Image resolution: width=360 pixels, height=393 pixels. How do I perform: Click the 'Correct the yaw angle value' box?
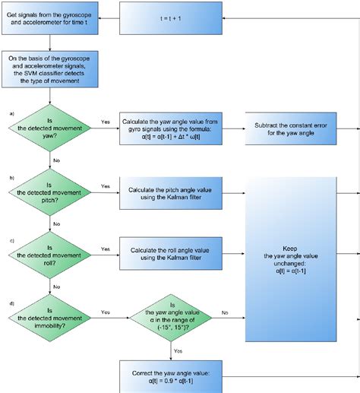176,376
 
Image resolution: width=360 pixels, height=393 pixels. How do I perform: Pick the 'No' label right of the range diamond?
224,312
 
